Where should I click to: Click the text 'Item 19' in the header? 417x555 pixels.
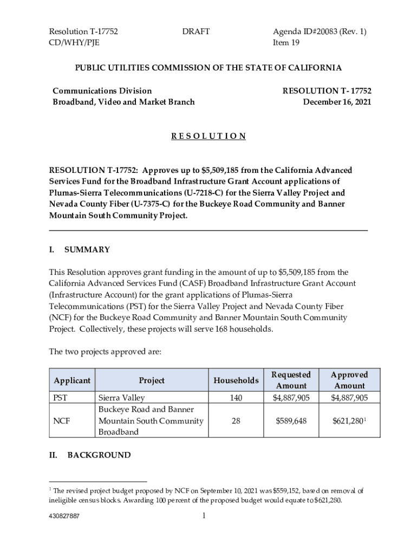pyautogui.click(x=286, y=42)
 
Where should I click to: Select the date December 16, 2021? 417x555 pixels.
pyautogui.click(x=337, y=102)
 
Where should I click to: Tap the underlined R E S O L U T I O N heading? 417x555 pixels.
pyautogui.click(x=208, y=136)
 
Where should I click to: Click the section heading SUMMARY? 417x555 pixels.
pyautogui.click(x=87, y=250)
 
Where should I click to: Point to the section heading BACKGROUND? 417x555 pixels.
pyautogui.click(x=99, y=455)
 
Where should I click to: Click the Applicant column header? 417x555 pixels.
pyautogui.click(x=72, y=380)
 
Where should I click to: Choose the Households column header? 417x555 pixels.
pyautogui.click(x=236, y=380)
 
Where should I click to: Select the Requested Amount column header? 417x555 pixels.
pyautogui.click(x=291, y=380)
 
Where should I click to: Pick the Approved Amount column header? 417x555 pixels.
pyautogui.click(x=349, y=380)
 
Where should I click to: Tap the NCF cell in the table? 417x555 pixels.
pyautogui.click(x=61, y=421)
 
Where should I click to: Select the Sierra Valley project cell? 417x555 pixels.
pyautogui.click(x=121, y=398)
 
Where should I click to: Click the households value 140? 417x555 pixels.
pyautogui.click(x=236, y=398)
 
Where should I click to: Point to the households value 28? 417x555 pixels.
pyautogui.click(x=236, y=421)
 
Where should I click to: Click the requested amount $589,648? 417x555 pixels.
pyautogui.click(x=291, y=421)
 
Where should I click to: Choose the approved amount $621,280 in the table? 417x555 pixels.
pyautogui.click(x=348, y=421)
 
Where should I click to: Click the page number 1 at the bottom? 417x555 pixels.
pyautogui.click(x=204, y=516)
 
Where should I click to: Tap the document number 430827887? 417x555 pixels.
pyautogui.click(x=64, y=517)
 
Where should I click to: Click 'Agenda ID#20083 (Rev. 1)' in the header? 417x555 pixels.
pyautogui.click(x=320, y=31)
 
